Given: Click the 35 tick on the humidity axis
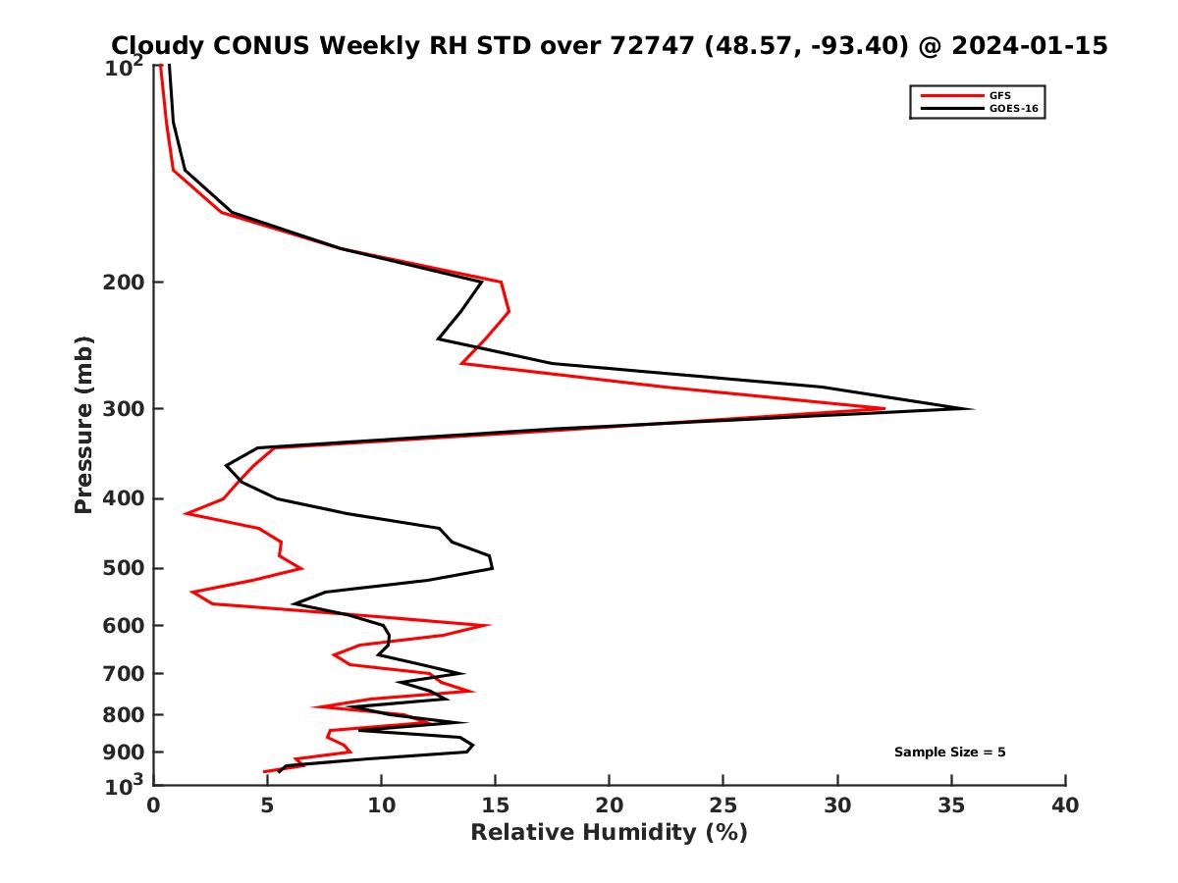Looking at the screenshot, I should [951, 805].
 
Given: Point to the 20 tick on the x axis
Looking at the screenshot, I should [610, 805].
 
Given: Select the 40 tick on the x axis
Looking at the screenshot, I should [1065, 805].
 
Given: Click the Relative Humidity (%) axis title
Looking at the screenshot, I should [609, 833].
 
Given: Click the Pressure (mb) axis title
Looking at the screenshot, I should [83, 424].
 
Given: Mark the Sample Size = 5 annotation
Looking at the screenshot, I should [949, 753].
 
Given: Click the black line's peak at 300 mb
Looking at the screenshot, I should [973, 408].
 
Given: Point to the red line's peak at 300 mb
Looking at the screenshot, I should [884, 408].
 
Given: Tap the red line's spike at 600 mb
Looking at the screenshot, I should [488, 625].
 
